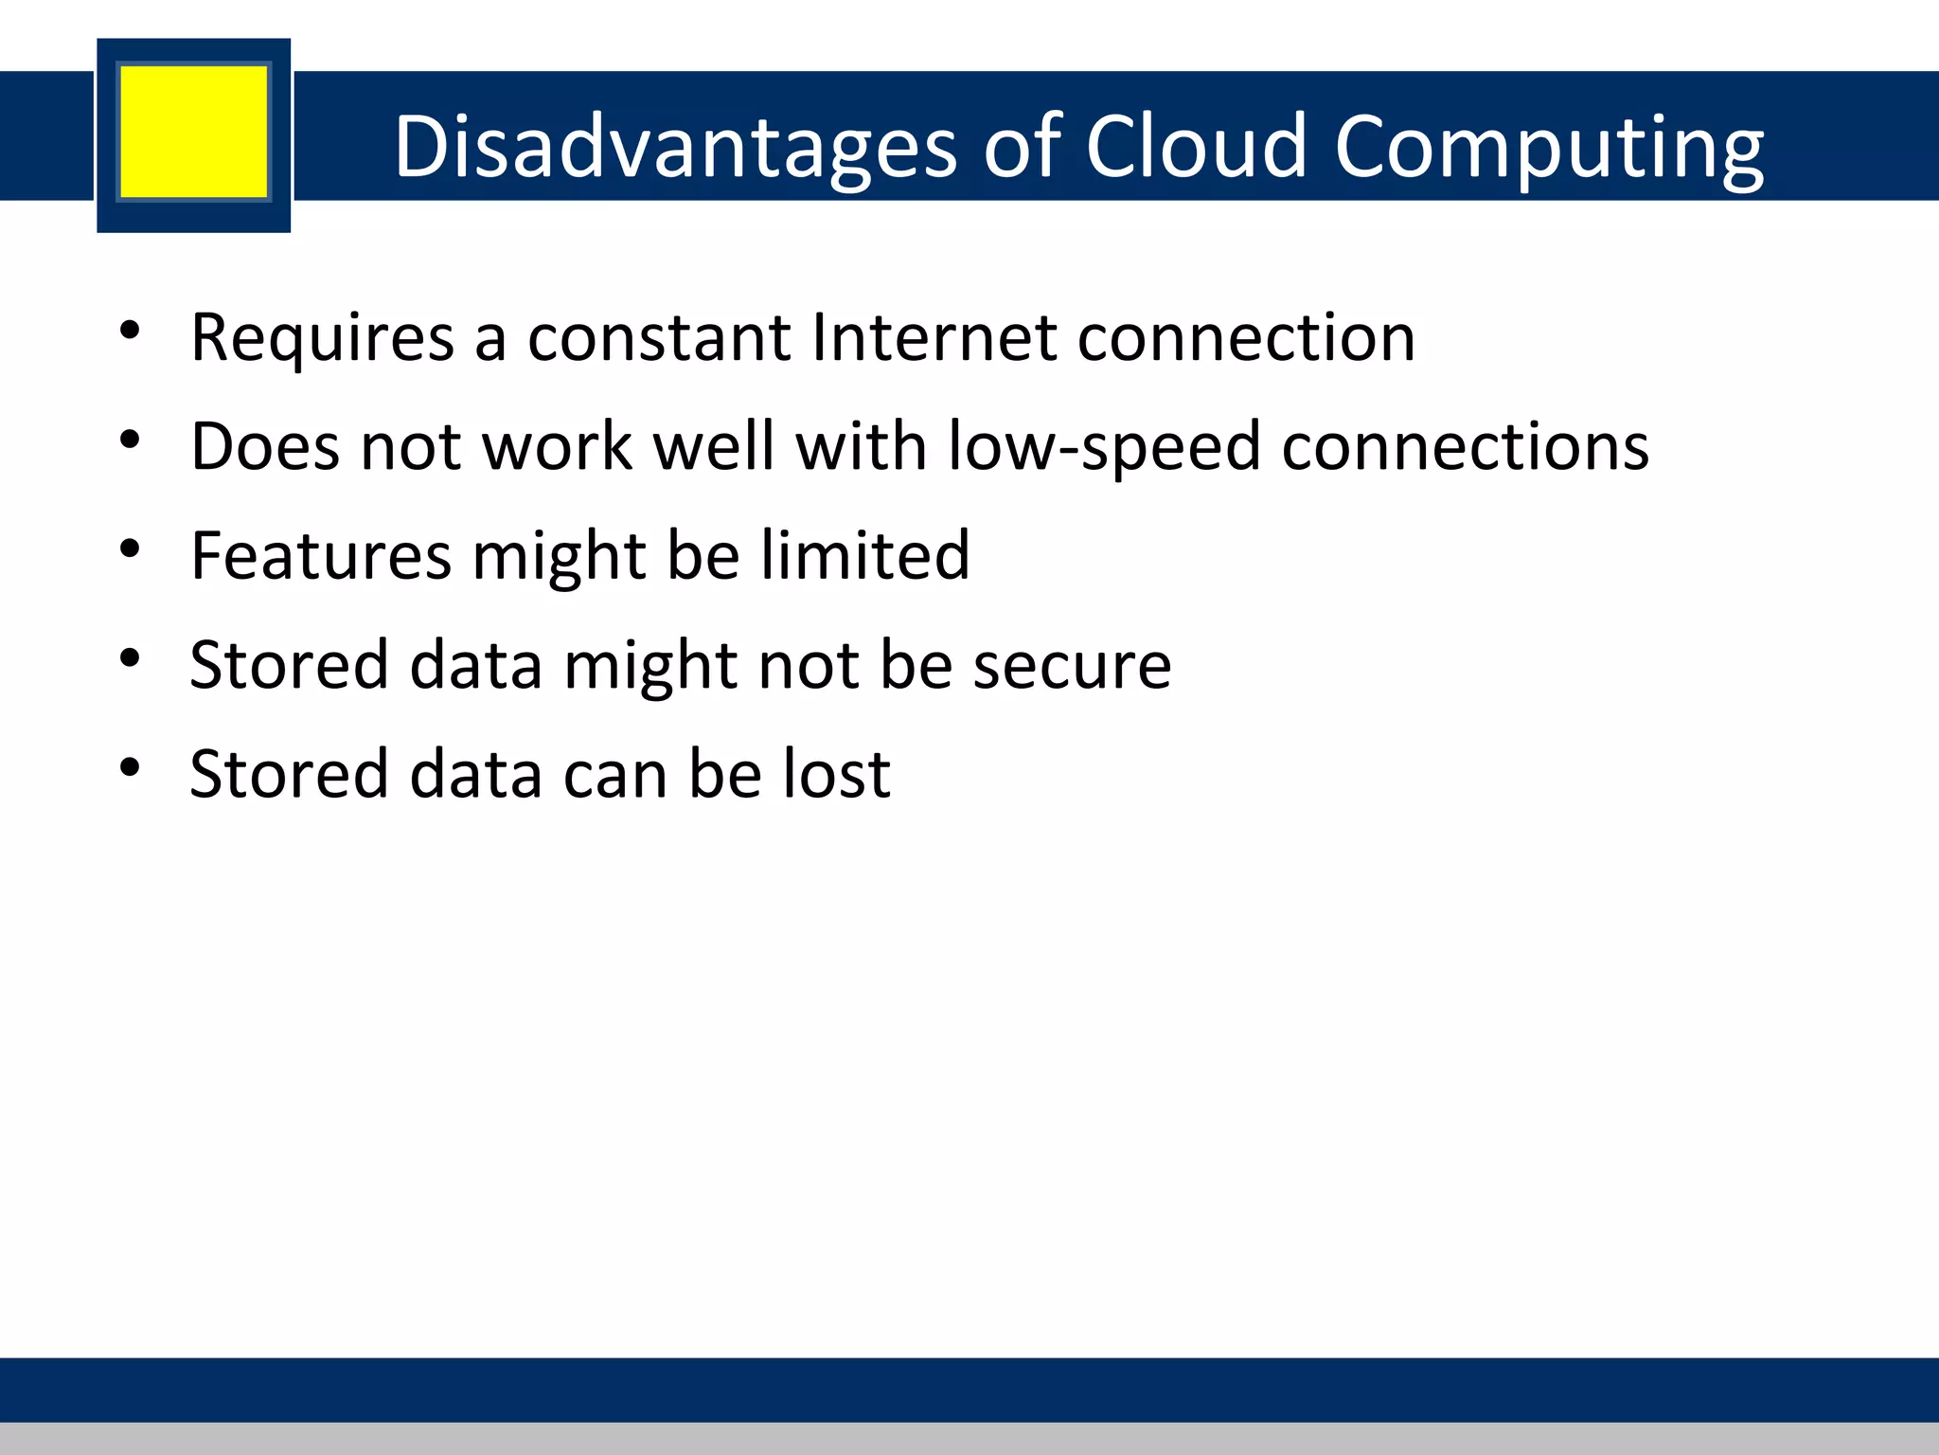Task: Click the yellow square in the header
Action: (x=194, y=132)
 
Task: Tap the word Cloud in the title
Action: (x=1196, y=146)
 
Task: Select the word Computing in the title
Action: (x=1549, y=148)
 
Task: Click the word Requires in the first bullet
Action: (x=322, y=338)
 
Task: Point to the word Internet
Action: (x=934, y=337)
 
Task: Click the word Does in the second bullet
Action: (x=264, y=446)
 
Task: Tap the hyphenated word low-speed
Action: (x=1104, y=448)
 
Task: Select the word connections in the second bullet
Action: (x=1465, y=446)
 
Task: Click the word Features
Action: (x=321, y=555)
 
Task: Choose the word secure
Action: (x=1072, y=665)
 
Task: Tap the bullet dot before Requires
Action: (x=131, y=331)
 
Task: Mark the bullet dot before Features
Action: (x=131, y=548)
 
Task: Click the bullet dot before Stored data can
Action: (x=131, y=766)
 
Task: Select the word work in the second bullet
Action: (x=558, y=446)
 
